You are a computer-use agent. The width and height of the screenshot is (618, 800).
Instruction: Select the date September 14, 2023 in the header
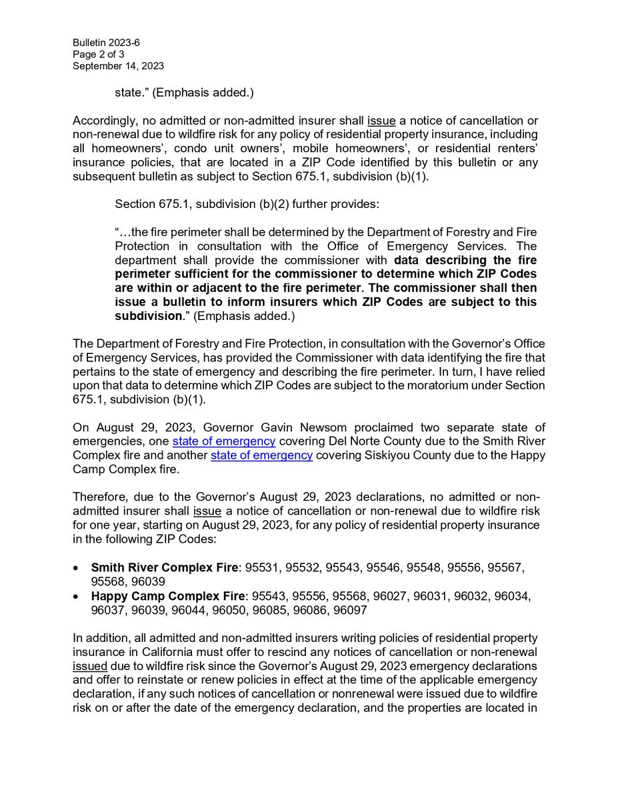[x=119, y=66]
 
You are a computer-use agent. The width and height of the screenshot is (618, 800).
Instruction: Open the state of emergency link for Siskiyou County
[x=262, y=455]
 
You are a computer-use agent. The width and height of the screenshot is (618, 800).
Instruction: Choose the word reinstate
[x=161, y=680]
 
